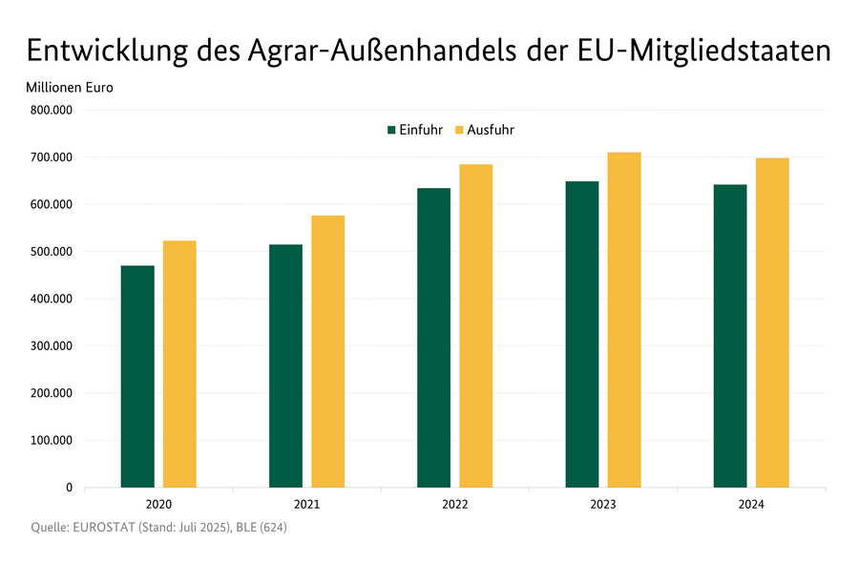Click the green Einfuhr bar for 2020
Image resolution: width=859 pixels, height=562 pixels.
[137, 377]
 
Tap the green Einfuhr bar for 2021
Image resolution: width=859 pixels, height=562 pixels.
[285, 366]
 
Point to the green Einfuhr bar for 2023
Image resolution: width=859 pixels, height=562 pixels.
[581, 335]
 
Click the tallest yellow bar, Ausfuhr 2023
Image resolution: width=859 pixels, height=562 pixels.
[624, 321]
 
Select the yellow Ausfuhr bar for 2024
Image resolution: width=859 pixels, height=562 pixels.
[772, 323]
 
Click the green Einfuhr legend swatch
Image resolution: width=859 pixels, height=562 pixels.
[391, 130]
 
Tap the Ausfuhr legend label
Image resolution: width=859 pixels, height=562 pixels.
[491, 130]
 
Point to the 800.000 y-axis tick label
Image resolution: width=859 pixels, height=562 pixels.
[51, 110]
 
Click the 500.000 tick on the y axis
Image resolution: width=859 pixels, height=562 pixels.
[51, 252]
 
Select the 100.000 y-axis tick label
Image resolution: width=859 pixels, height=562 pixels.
[51, 441]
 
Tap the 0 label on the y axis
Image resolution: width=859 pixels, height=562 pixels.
[69, 488]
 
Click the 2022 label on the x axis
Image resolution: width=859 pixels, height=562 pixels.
[455, 505]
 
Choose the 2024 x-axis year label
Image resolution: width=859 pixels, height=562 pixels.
[751, 505]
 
